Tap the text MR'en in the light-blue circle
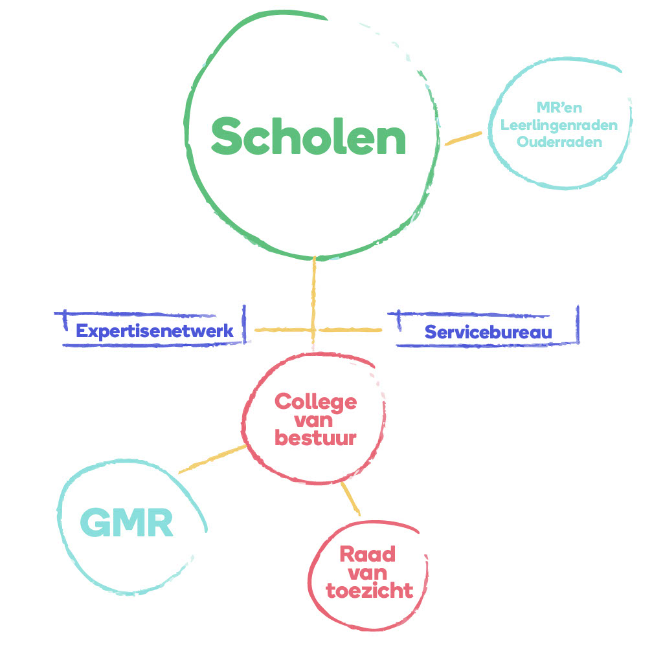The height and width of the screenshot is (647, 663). click(x=559, y=108)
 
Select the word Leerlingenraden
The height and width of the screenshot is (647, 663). click(x=559, y=125)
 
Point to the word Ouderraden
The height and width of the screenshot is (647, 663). click(x=559, y=142)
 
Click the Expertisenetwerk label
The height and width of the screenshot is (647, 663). click(x=154, y=332)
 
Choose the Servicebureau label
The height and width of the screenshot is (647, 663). click(x=488, y=333)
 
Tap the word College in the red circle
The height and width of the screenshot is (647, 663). click(x=315, y=402)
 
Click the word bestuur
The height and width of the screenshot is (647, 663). click(x=315, y=438)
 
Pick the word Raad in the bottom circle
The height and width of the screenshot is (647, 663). click(x=367, y=554)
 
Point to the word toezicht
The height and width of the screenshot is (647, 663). click(x=369, y=591)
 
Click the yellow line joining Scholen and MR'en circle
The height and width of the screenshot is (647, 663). click(x=463, y=138)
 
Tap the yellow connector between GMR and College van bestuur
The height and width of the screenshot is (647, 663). click(x=212, y=459)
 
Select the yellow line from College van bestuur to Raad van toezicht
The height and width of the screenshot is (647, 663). click(x=350, y=499)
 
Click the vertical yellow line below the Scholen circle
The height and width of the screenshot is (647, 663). click(x=314, y=291)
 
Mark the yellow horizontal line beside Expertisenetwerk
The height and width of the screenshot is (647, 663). click(x=282, y=331)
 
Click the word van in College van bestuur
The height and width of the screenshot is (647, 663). click(x=315, y=420)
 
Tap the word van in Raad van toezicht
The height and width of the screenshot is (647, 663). click(x=367, y=573)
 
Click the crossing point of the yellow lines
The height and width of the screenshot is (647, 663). click(x=314, y=331)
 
